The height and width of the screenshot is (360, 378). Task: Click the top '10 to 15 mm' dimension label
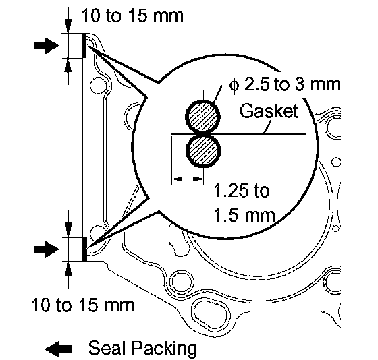[132, 16]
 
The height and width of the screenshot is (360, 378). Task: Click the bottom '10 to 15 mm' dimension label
[83, 305]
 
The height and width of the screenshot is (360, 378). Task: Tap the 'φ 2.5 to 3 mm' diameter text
[284, 84]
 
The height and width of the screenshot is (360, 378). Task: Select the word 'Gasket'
[269, 111]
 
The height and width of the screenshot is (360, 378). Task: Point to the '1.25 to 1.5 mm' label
[244, 203]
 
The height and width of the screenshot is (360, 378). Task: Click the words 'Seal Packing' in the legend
[142, 348]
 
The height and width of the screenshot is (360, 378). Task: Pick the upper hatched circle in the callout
[203, 117]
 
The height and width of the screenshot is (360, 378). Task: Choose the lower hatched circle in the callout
[203, 151]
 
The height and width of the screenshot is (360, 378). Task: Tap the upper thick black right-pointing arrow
[46, 45]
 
